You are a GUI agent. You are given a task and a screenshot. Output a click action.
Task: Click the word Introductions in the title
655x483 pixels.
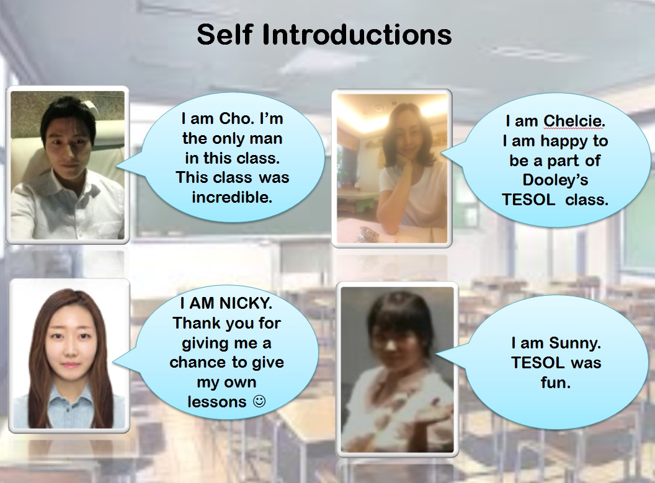pos(357,34)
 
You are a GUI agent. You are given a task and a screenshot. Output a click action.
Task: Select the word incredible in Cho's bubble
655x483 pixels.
pos(232,197)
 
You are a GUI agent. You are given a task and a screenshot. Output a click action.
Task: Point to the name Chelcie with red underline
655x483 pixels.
pos(574,122)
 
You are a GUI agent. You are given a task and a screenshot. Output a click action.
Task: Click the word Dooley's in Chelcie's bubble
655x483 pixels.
pos(555,180)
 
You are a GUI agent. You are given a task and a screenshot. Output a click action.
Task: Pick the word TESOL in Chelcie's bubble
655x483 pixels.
pos(529,200)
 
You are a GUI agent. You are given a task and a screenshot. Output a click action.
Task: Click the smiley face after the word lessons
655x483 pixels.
pos(259,401)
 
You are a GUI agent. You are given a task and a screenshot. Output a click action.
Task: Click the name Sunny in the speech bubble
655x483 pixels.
pos(575,343)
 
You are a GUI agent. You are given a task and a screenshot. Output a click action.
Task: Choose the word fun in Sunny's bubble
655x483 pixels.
pos(556,383)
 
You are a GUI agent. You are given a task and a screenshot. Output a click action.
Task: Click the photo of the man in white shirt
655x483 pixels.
pos(67,166)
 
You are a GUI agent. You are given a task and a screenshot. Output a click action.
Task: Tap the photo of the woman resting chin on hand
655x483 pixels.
pos(392,168)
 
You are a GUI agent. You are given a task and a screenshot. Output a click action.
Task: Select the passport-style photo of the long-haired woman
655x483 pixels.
pos(69,356)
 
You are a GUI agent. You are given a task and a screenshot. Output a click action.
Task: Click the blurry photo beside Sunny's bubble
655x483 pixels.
pos(397,370)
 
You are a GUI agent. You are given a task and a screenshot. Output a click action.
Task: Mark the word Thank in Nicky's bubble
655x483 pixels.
pos(192,323)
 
